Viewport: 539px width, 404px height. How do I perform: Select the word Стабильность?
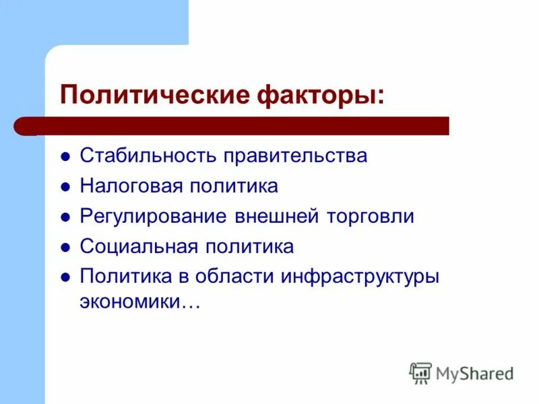pyautogui.click(x=148, y=156)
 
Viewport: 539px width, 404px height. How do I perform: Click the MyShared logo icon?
pyautogui.click(x=420, y=373)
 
